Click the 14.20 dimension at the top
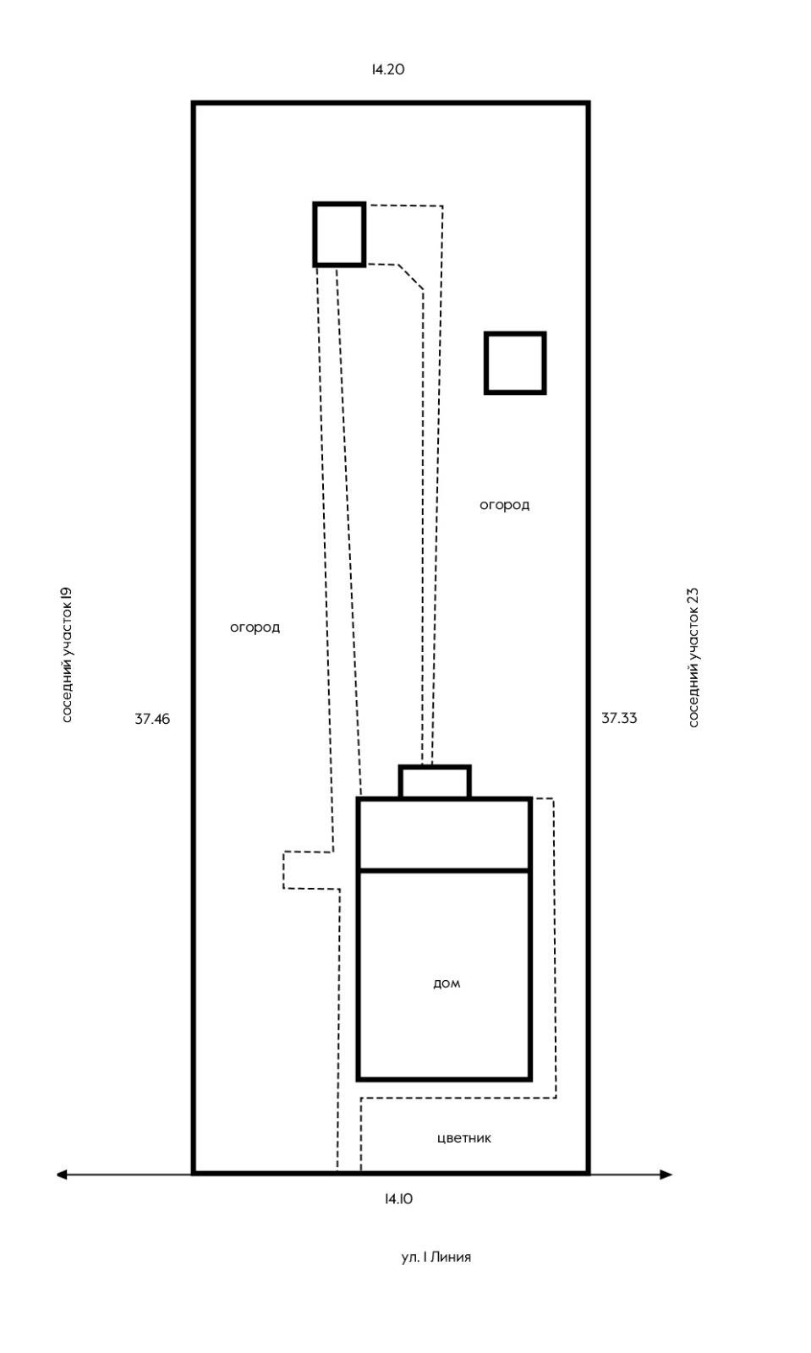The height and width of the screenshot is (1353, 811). [388, 69]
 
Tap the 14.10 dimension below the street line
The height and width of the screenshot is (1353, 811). [398, 1198]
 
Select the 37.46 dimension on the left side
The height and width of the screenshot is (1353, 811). [152, 719]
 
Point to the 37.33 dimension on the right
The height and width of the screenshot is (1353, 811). [619, 718]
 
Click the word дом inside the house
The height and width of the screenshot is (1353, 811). [447, 983]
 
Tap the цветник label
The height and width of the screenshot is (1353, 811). [464, 1137]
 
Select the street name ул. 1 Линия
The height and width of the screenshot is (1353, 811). [436, 1257]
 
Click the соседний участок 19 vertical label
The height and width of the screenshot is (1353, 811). [68, 655]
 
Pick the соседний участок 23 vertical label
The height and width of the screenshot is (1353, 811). [693, 657]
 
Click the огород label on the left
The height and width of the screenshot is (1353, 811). [255, 627]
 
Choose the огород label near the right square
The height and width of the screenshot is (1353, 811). [505, 505]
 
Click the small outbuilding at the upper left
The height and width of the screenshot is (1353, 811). [339, 234]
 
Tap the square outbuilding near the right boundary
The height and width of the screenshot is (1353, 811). [515, 363]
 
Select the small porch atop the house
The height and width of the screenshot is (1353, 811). [435, 782]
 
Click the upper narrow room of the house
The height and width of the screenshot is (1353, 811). [444, 834]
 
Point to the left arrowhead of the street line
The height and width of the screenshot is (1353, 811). [62, 1174]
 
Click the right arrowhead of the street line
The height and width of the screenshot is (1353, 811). [666, 1174]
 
